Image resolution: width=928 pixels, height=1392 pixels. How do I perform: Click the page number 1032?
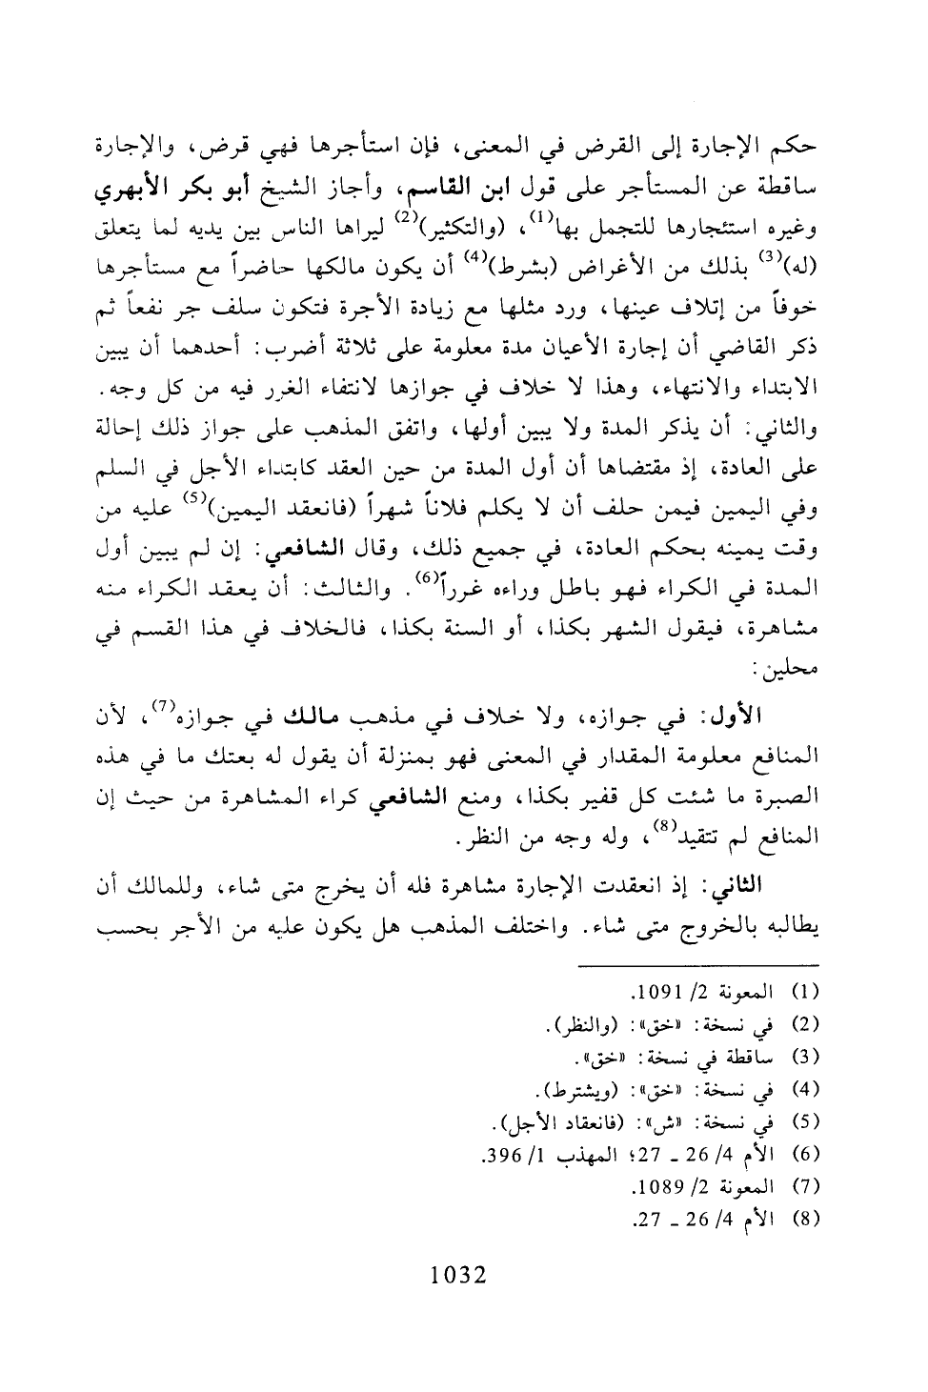coord(458,1275)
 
